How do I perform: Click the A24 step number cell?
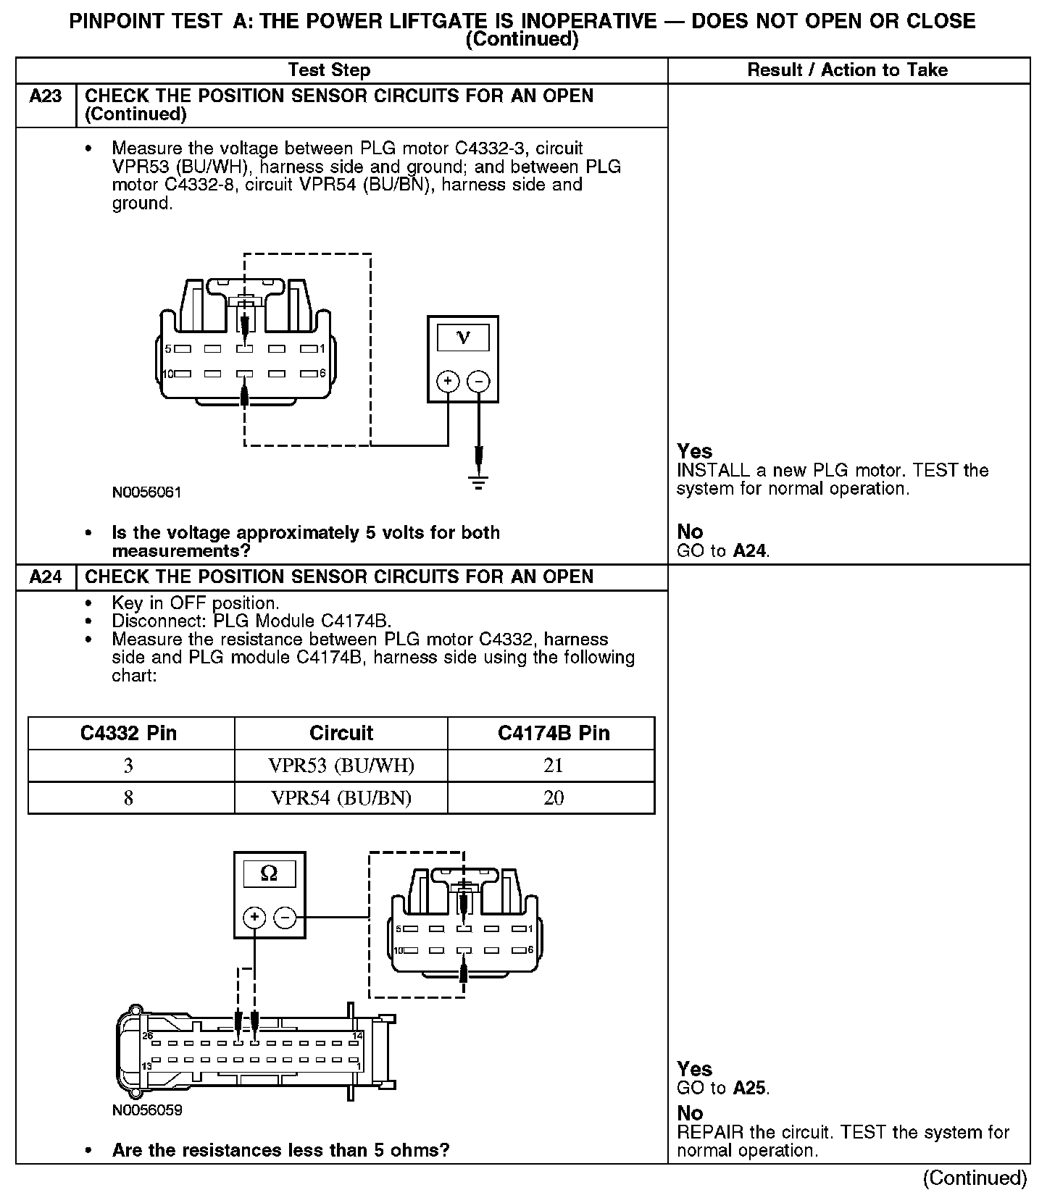(46, 577)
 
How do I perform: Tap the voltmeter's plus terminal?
(449, 381)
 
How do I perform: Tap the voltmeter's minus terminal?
(478, 381)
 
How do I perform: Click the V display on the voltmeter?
(463, 337)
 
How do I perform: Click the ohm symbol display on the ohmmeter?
(269, 873)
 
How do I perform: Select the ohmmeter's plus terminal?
(254, 918)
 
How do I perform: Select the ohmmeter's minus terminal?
(285, 918)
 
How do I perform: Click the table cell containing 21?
(553, 766)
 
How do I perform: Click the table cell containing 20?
(553, 798)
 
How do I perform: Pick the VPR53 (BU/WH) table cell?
(341, 766)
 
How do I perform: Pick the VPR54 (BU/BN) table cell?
(341, 798)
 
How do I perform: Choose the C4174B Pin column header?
(553, 733)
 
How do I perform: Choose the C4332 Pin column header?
(129, 733)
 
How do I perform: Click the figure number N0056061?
(147, 492)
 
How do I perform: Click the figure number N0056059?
(147, 1110)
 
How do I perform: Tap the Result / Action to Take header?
(847, 70)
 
